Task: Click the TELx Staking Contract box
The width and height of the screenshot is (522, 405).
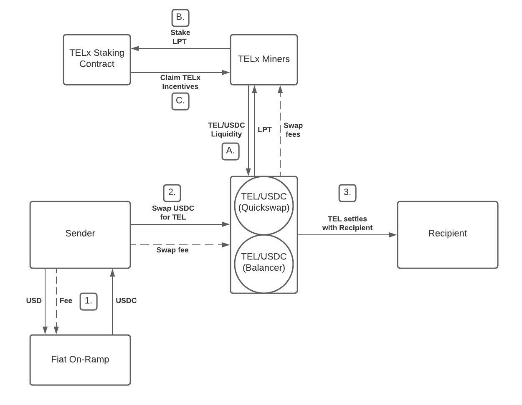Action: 97,60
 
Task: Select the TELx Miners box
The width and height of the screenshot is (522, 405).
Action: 264,60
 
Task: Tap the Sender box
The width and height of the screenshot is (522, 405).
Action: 80,234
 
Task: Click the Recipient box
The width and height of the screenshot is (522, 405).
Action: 447,234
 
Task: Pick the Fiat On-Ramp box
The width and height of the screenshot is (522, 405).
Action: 80,360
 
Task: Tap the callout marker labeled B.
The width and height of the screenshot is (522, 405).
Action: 180,18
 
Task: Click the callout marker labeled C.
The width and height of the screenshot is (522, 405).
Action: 180,101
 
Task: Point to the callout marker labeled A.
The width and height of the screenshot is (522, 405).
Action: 231,151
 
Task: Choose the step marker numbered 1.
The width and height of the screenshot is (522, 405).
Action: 89,301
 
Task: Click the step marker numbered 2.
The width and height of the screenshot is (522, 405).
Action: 172,193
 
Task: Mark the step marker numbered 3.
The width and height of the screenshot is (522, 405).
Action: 347,193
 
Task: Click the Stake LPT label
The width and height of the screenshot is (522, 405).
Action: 180,37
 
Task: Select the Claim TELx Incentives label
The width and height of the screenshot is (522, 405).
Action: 180,82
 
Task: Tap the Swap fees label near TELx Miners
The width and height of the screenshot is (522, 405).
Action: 293,130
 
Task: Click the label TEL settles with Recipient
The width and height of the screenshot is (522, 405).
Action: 347,223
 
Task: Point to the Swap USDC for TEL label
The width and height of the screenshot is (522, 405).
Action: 173,212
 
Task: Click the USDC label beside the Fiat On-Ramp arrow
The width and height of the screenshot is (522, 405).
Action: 126,300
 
